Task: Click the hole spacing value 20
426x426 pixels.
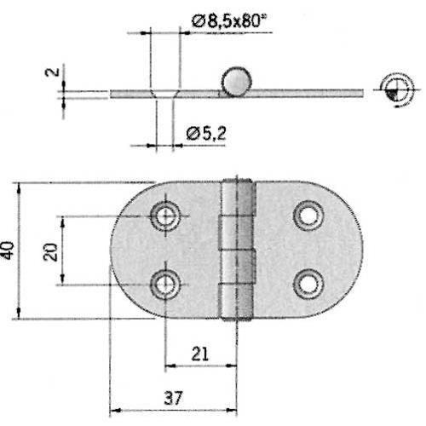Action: pyautogui.click(x=52, y=251)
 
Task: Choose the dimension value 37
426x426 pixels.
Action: pyautogui.click(x=173, y=399)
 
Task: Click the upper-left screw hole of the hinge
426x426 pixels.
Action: pyautogui.click(x=164, y=215)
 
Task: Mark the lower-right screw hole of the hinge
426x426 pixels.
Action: pyautogui.click(x=308, y=282)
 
